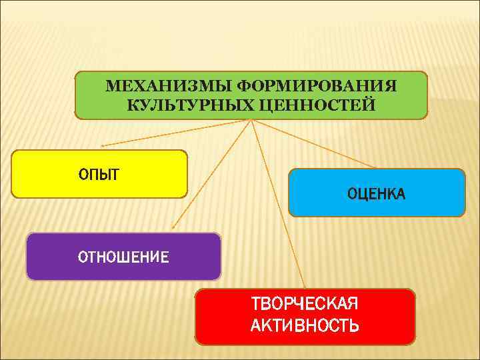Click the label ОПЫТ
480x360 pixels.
pyautogui.click(x=99, y=175)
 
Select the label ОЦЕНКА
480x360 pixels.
pyautogui.click(x=376, y=193)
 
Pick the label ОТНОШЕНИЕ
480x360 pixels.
pyautogui.click(x=123, y=257)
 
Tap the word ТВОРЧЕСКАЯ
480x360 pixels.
pyautogui.click(x=305, y=304)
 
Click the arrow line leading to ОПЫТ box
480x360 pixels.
pyautogui.click(x=177, y=133)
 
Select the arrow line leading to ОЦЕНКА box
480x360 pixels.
pyautogui.click(x=313, y=143)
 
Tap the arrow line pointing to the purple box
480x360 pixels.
pyautogui.click(x=212, y=175)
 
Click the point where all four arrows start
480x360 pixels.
pyautogui.click(x=251, y=120)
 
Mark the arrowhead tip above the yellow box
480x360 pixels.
pyautogui.click(x=101, y=145)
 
